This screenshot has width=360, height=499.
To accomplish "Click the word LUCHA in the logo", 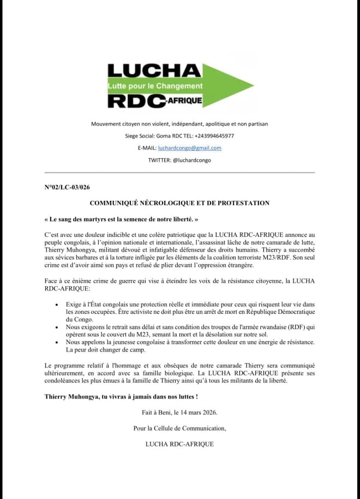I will (x=154, y=70).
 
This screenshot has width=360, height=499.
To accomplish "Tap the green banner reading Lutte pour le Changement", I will (x=155, y=86).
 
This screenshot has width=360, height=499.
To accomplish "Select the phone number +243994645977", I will (x=211, y=135).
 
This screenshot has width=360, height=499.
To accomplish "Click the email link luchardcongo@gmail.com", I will (x=190, y=148).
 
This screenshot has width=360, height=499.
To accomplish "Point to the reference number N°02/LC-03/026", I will (x=67, y=187).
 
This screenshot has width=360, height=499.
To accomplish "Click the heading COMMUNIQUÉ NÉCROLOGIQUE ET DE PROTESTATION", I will (x=179, y=203).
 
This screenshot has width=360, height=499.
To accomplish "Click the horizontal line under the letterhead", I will (x=179, y=173).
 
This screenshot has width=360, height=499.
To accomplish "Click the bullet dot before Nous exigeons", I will (x=57, y=326).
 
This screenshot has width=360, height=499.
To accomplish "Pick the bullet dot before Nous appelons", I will (x=57, y=341).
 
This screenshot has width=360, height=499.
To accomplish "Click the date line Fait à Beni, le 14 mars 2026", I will (x=179, y=413).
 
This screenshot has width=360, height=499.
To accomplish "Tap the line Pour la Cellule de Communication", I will (x=179, y=428).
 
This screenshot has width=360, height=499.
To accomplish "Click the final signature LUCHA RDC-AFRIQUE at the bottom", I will (x=179, y=444).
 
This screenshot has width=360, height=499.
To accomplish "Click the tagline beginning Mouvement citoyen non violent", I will (x=179, y=124).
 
